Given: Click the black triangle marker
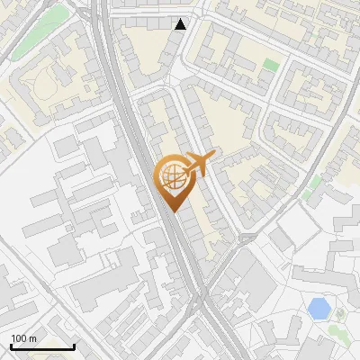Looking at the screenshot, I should (x=181, y=24).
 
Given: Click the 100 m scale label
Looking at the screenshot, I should (x=23, y=338).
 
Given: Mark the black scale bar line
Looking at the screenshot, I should (x=42, y=346).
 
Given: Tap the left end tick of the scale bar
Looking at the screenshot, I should (x=11, y=345).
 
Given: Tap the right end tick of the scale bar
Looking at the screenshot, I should (x=74, y=345).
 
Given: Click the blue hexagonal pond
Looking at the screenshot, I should (x=318, y=309).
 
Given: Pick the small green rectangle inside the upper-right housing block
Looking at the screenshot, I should (x=271, y=65).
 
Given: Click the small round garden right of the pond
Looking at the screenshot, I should (x=340, y=313).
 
